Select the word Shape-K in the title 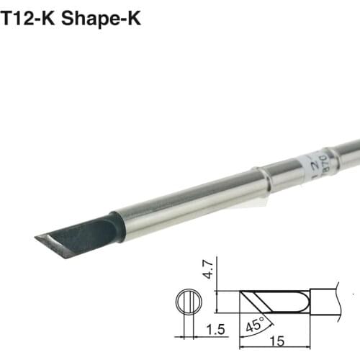click(101, 18)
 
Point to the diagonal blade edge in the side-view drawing click(252, 300)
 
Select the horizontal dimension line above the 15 click(277, 336)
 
